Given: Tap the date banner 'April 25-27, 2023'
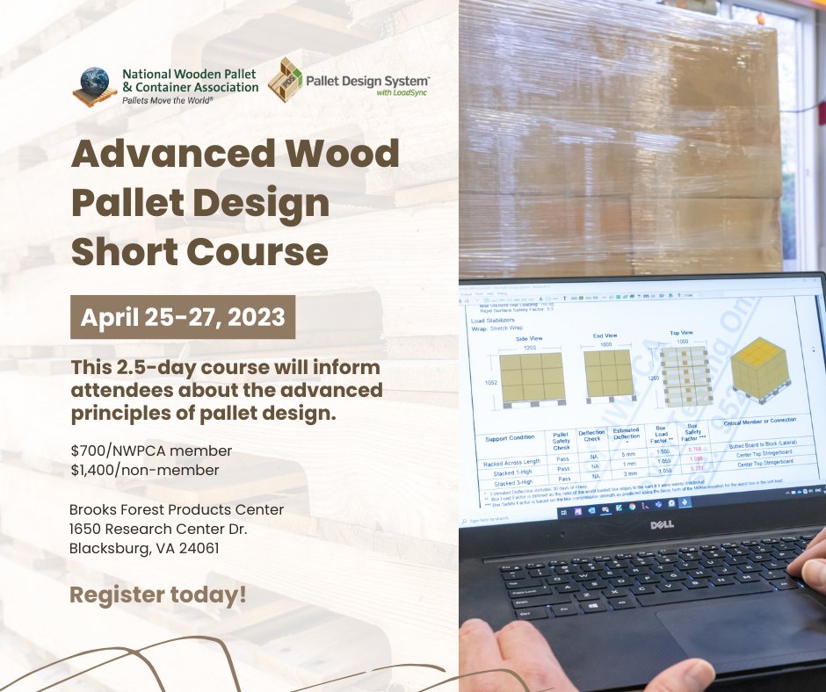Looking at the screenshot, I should coord(183,317).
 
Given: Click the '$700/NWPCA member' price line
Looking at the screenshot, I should coord(151,451).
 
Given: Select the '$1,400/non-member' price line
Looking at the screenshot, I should coord(145,471).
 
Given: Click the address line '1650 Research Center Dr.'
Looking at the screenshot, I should coord(159,529).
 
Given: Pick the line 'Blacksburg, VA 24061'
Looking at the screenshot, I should coord(144,548).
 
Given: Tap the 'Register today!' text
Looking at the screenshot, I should coord(158,595).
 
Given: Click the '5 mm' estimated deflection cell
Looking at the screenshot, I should coord(627,455).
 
